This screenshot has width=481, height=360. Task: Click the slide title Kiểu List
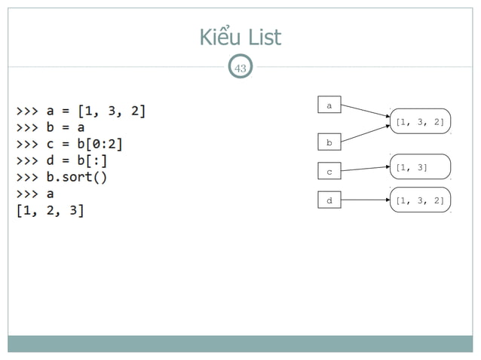point(240,36)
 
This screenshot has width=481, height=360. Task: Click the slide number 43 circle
point(240,69)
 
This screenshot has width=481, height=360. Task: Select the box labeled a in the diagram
point(329,106)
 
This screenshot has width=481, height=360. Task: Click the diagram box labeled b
point(329,142)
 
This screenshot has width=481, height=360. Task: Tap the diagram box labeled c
point(329,172)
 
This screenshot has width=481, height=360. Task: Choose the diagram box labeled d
point(329,200)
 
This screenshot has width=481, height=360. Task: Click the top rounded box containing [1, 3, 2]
point(419,121)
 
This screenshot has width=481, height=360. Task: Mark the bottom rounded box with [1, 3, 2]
point(419,200)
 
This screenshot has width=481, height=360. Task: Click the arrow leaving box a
point(365,112)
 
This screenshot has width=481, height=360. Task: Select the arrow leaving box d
point(365,200)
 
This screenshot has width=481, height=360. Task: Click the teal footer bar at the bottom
point(240,343)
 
